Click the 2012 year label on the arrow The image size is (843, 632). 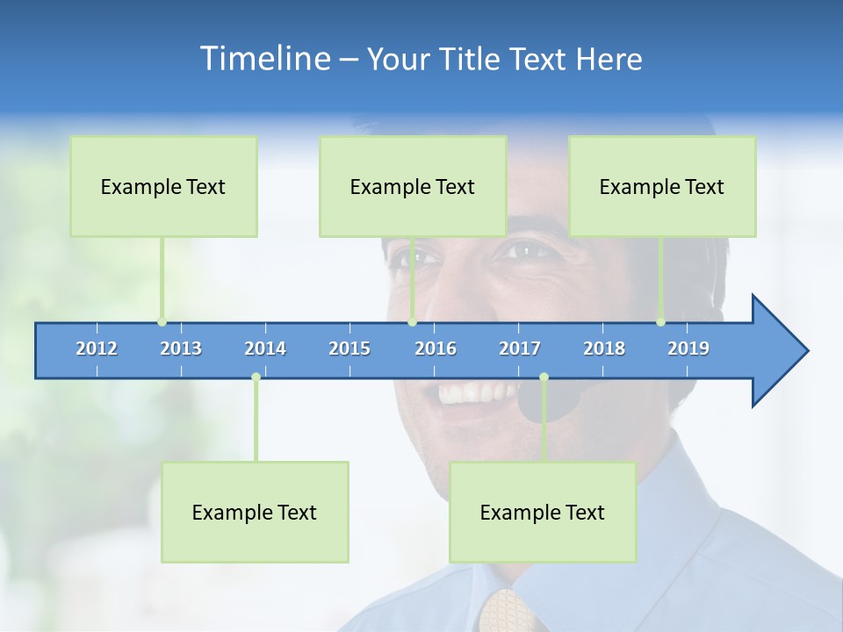coord(97,348)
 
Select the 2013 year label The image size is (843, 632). coord(181,348)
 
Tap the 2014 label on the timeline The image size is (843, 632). coord(265,348)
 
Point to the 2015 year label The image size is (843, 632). coord(349,348)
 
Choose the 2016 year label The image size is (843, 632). coord(436,348)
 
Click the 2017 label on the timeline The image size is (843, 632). coord(520,348)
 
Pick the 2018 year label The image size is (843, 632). coord(604,348)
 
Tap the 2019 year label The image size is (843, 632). coord(688,348)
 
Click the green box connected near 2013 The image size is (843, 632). coord(163,186)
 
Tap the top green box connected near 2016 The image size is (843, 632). coord(413,186)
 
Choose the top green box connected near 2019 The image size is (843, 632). coord(662,186)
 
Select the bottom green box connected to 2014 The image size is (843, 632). coord(255,512)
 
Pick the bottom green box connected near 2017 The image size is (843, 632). coord(543,512)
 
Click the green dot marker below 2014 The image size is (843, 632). coord(256,377)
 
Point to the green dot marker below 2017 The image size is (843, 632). coord(544,377)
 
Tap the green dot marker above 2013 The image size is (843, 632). coord(162,322)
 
